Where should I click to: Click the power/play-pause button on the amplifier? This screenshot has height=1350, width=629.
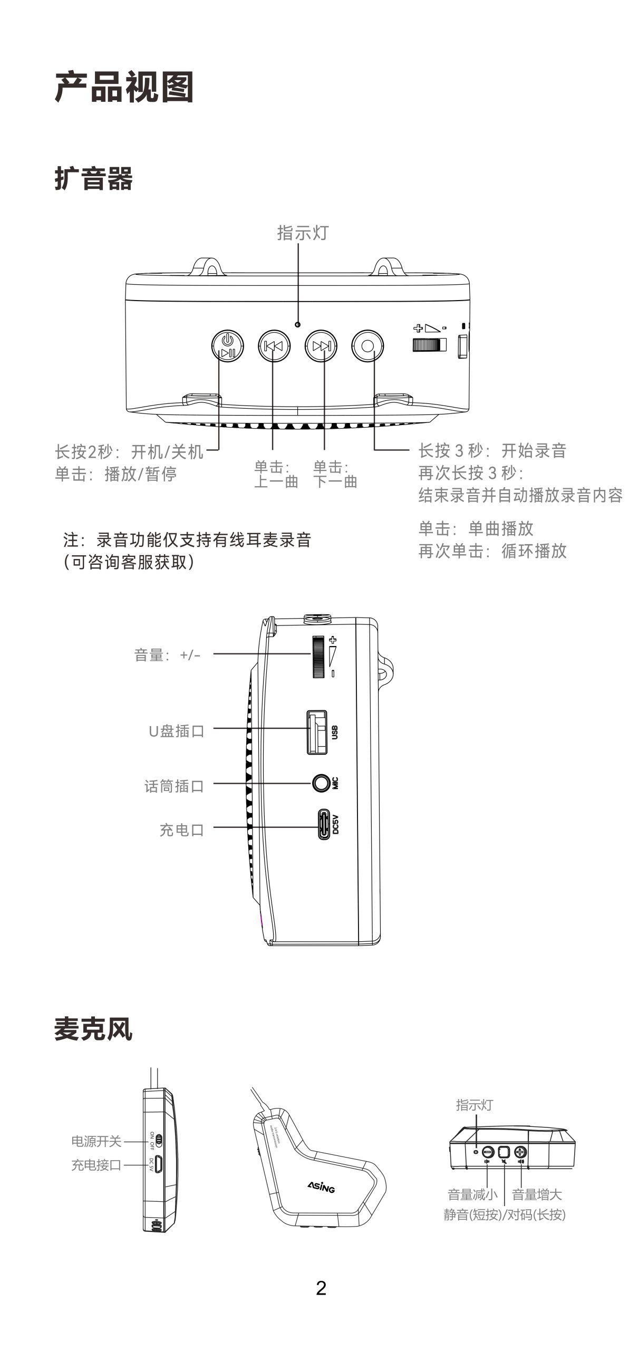tap(227, 346)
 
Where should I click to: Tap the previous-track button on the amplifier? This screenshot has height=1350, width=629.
tap(274, 346)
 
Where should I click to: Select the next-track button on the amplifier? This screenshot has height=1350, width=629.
tap(321, 346)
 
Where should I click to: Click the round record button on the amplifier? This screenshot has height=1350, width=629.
tap(368, 346)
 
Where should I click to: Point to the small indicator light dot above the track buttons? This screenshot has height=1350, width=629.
tap(298, 325)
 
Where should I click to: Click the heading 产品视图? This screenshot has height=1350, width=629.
tap(124, 87)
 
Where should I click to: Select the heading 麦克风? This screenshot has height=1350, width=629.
tap(93, 1029)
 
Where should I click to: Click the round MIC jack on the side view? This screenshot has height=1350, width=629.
tap(320, 783)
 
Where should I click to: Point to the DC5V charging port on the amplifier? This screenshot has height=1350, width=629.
tap(323, 825)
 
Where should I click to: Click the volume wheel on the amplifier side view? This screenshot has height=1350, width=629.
tap(318, 657)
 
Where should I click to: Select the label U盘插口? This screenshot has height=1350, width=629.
tap(176, 731)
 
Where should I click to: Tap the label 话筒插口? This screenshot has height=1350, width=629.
tap(174, 786)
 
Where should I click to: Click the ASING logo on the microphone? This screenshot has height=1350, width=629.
tap(321, 1186)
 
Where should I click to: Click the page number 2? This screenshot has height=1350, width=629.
tap(321, 1288)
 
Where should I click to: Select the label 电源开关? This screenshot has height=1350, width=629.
tap(96, 1142)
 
